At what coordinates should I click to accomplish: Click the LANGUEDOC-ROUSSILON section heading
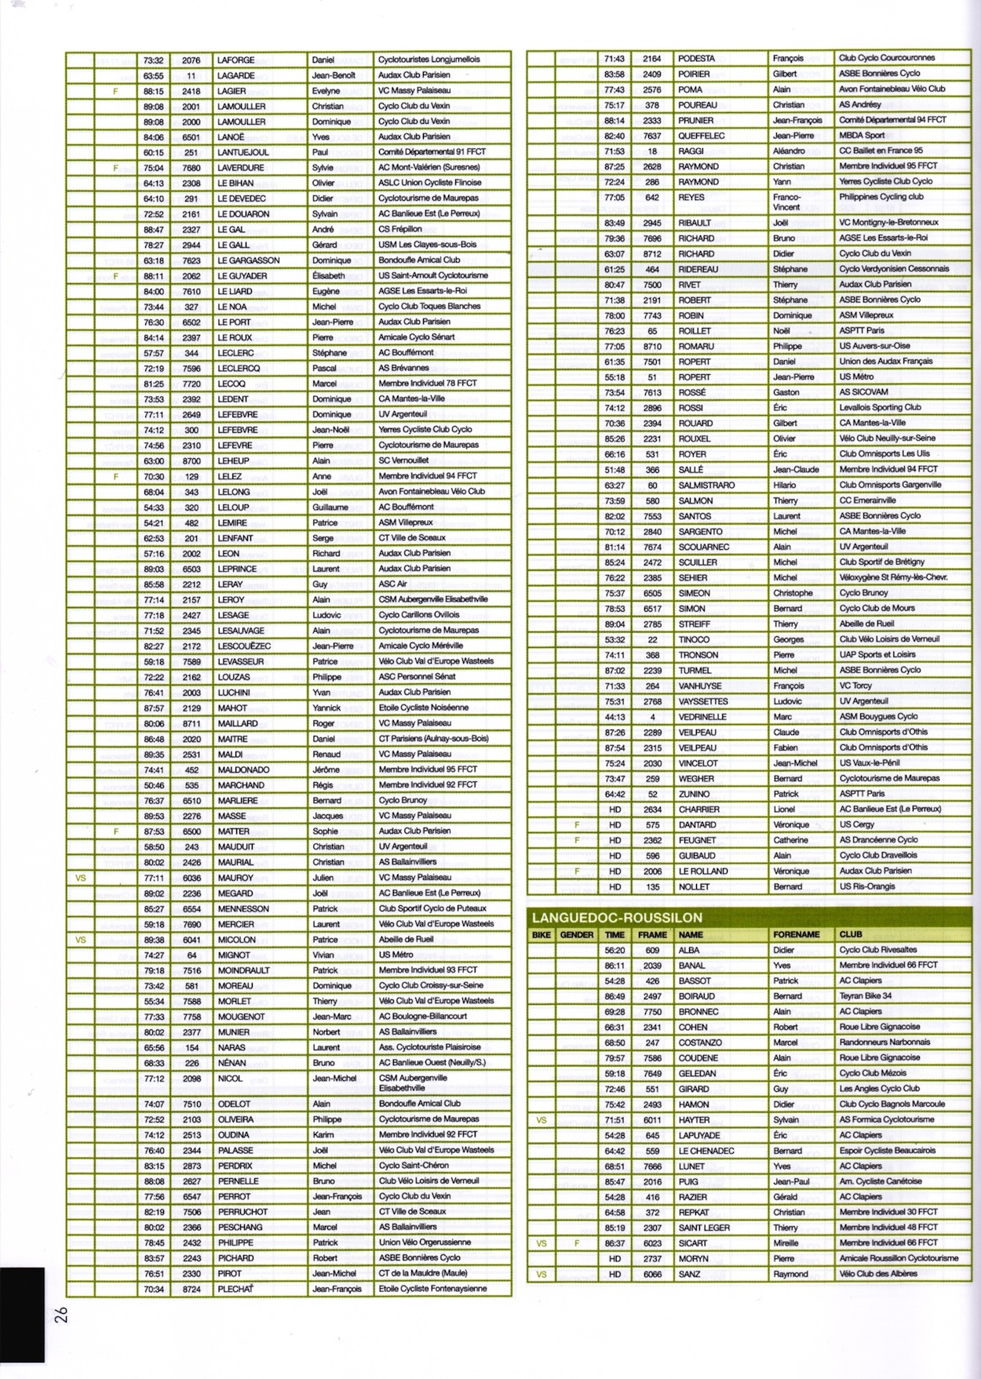(x=617, y=918)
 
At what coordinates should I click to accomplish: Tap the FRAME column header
(x=652, y=935)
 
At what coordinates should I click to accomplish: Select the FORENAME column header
(x=796, y=935)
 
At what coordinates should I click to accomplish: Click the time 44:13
(x=614, y=717)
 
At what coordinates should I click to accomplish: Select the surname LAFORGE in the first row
(x=235, y=60)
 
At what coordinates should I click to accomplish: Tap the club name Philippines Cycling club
(x=881, y=197)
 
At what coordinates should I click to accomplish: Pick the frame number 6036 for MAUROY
(x=191, y=878)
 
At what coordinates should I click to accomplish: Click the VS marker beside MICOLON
(x=80, y=940)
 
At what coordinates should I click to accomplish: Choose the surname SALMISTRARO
(x=706, y=486)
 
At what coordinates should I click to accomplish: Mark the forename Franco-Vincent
(x=787, y=202)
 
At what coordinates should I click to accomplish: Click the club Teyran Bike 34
(x=865, y=996)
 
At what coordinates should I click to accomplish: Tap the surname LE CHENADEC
(x=707, y=1151)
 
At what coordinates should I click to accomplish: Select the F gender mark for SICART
(x=577, y=1243)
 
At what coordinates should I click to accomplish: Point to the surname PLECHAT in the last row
(x=235, y=1289)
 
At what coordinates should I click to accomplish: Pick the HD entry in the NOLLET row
(x=614, y=887)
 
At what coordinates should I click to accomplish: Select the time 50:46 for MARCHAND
(x=154, y=785)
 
